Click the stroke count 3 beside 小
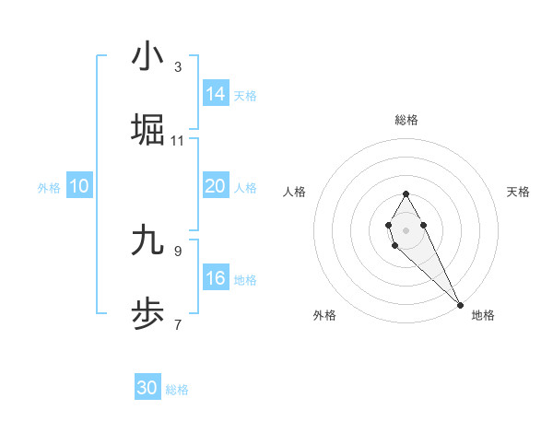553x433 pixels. click(x=178, y=67)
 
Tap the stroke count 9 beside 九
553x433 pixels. click(x=178, y=251)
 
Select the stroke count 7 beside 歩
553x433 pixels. click(x=178, y=324)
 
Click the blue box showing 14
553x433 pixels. click(x=216, y=93)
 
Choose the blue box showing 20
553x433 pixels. click(x=216, y=186)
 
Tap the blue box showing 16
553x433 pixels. click(x=216, y=278)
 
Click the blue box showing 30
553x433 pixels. click(x=147, y=388)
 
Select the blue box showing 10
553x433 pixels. click(x=79, y=186)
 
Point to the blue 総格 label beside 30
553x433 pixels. click(x=177, y=390)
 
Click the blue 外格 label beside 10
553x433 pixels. click(x=49, y=188)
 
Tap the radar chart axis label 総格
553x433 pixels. click(x=406, y=120)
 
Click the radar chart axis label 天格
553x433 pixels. click(x=519, y=192)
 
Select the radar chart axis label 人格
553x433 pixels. click(x=295, y=192)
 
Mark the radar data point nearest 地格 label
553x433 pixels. click(x=460, y=304)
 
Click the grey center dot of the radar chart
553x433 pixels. click(x=406, y=228)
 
